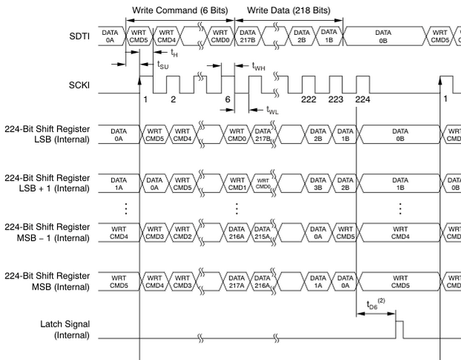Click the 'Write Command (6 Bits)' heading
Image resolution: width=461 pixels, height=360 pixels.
coord(180,10)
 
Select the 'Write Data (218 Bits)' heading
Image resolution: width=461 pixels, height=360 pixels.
coord(289,10)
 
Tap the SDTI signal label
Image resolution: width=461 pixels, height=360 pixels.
coord(79,36)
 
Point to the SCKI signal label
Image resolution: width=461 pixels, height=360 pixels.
coord(79,85)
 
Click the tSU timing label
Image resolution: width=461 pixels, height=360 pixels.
coord(163,65)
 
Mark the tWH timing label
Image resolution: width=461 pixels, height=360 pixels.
coord(258,66)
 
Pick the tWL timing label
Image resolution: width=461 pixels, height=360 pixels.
coord(272,110)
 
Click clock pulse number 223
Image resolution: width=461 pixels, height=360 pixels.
coord(336,99)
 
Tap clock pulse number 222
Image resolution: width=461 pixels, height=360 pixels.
coord(308,99)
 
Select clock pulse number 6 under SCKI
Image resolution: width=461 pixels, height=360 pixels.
coord(228,99)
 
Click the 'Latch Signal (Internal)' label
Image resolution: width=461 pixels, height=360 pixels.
coord(65,330)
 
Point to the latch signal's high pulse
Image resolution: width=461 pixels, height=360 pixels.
coord(399,321)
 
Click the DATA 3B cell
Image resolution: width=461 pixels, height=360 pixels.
coord(318,183)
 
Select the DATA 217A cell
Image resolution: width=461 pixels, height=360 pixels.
coord(237,281)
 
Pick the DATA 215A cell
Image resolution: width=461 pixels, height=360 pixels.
coord(262,232)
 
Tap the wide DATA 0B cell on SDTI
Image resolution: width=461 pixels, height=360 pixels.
coord(383,36)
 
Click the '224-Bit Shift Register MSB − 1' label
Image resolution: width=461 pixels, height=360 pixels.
coord(47,232)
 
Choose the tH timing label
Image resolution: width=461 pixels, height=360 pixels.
coord(174,53)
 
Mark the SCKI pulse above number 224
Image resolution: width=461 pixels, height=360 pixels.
coord(363,85)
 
